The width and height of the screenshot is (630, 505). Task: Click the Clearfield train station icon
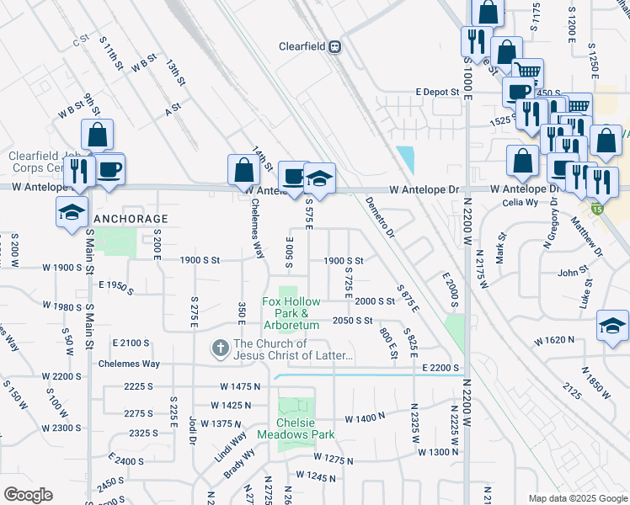tap(334, 47)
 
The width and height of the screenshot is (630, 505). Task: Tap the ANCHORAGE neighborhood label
tap(131, 219)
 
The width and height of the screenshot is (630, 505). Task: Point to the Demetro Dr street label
tap(380, 217)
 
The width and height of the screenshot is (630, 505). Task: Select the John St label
tap(572, 273)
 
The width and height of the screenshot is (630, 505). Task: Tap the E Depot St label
tap(435, 92)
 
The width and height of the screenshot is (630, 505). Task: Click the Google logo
tap(28, 495)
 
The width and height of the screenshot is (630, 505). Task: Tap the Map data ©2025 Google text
tap(577, 498)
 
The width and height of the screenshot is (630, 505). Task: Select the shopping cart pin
tap(527, 73)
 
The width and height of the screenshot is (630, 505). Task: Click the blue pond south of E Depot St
tap(406, 159)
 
